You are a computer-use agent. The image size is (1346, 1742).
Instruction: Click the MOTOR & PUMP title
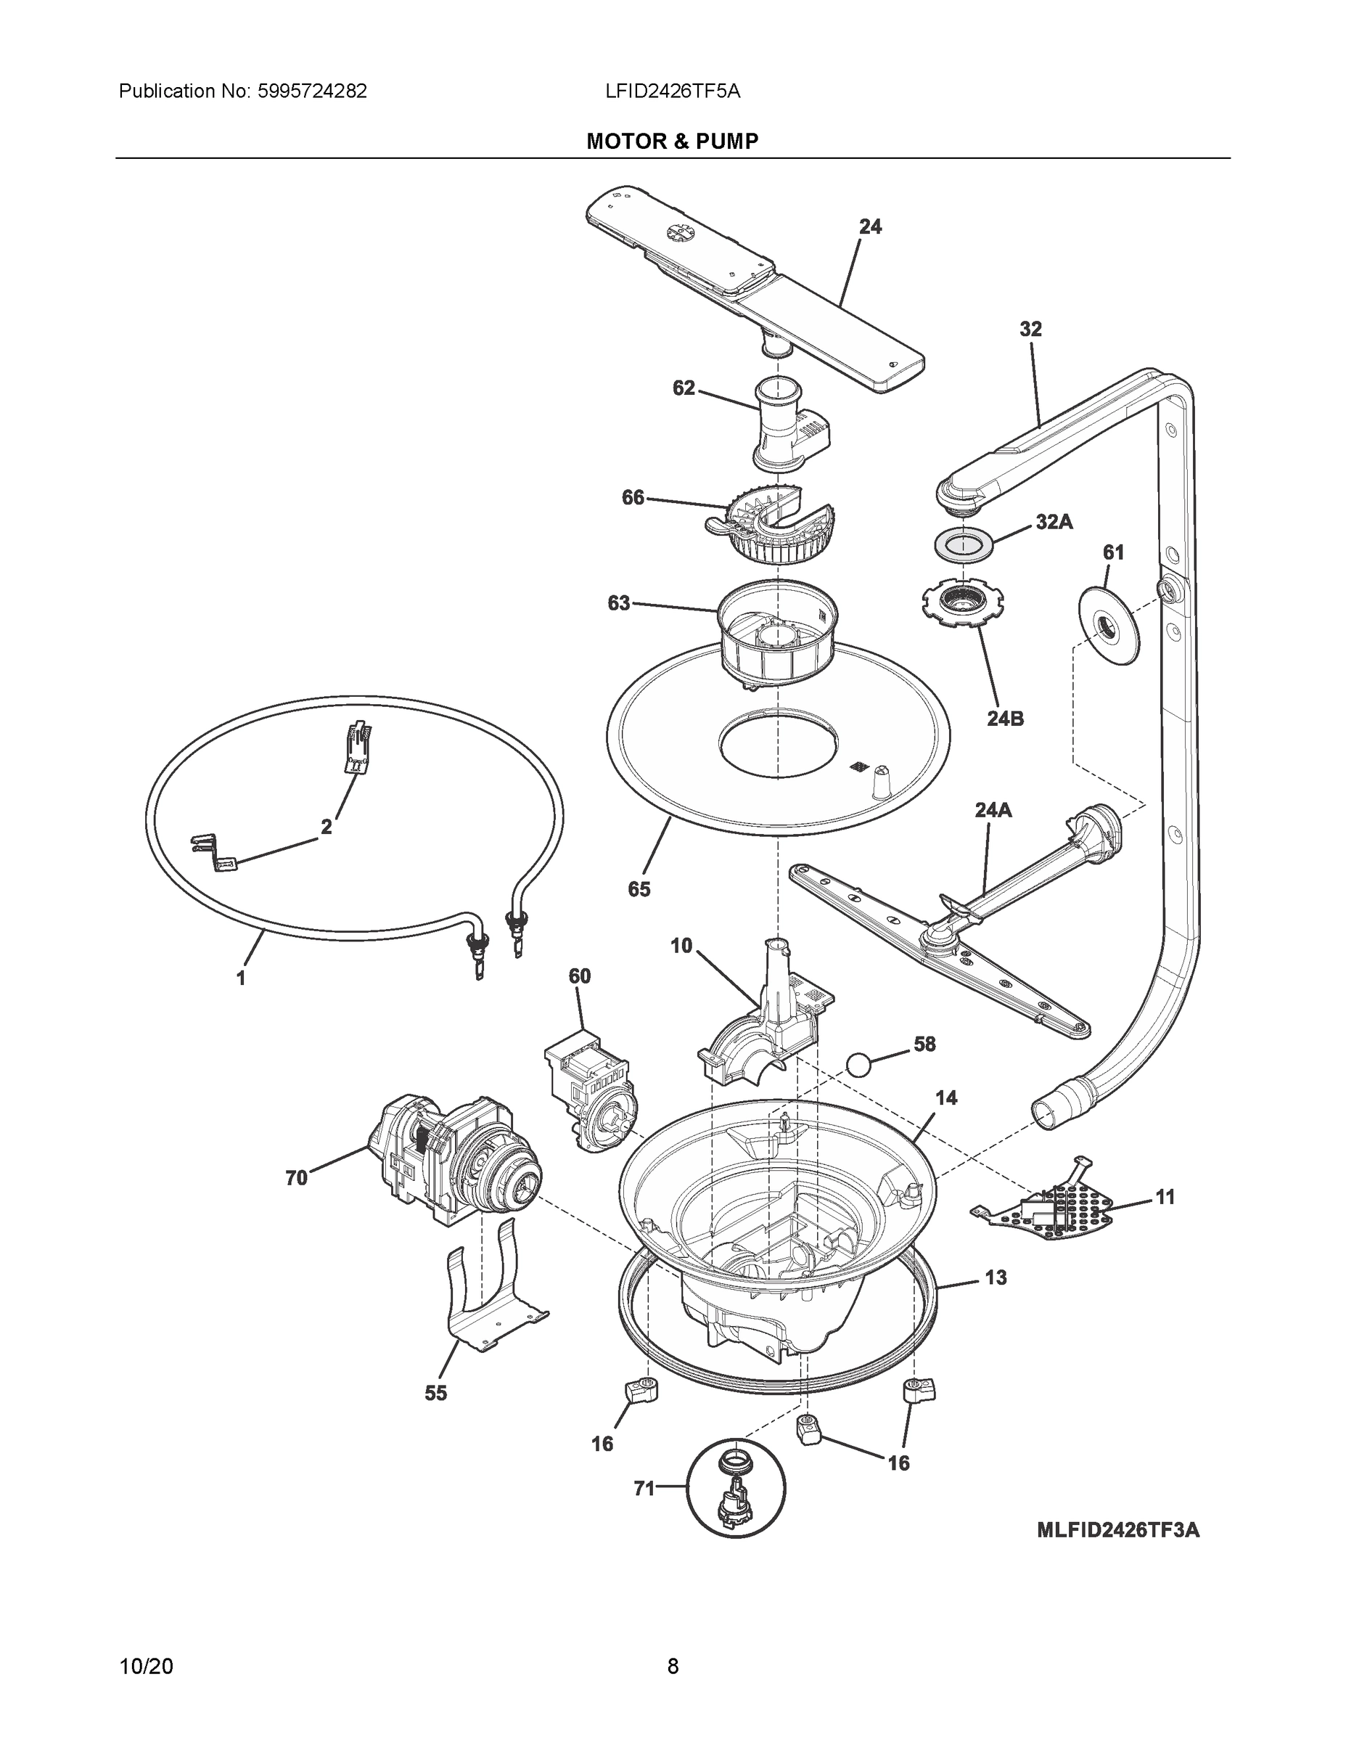click(672, 142)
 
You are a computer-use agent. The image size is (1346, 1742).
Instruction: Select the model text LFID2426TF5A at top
click(672, 91)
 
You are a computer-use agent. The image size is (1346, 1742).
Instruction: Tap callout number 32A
click(1054, 522)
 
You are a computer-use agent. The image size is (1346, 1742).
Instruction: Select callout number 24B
click(1005, 718)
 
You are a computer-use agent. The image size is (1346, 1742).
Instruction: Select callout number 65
click(639, 888)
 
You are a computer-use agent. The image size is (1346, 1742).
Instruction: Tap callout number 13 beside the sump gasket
click(995, 1277)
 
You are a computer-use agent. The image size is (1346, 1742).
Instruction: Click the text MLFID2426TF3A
click(1117, 1552)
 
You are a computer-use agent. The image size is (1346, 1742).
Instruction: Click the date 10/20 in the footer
click(146, 1666)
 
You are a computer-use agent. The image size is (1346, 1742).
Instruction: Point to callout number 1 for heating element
click(241, 978)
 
